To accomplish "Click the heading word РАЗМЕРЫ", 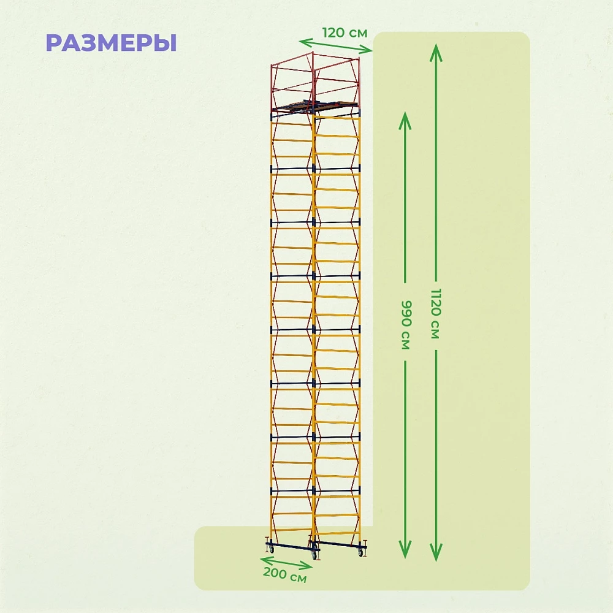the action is pyautogui.click(x=112, y=43).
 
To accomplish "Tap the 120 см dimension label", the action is pyautogui.click(x=345, y=33).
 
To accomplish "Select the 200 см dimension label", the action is pyautogui.click(x=284, y=574).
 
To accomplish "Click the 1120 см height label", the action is pyautogui.click(x=436, y=313).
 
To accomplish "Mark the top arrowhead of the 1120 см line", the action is pyautogui.click(x=436, y=53).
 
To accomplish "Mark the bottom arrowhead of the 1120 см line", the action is pyautogui.click(x=436, y=552).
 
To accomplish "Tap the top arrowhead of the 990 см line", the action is pyautogui.click(x=405, y=120).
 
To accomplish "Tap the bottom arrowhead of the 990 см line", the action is pyautogui.click(x=405, y=549).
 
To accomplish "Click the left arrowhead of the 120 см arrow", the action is pyautogui.click(x=305, y=42).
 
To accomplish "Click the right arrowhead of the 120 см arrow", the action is pyautogui.click(x=366, y=50).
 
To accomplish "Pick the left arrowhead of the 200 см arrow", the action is pyautogui.click(x=266, y=559).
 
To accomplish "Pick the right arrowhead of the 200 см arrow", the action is pyautogui.click(x=306, y=565).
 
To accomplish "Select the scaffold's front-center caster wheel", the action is pyautogui.click(x=314, y=555).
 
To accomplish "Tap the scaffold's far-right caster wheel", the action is pyautogui.click(x=360, y=552).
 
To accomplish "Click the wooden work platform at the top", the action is pyautogui.click(x=314, y=106).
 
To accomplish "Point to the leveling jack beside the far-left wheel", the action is pyautogui.click(x=267, y=541).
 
